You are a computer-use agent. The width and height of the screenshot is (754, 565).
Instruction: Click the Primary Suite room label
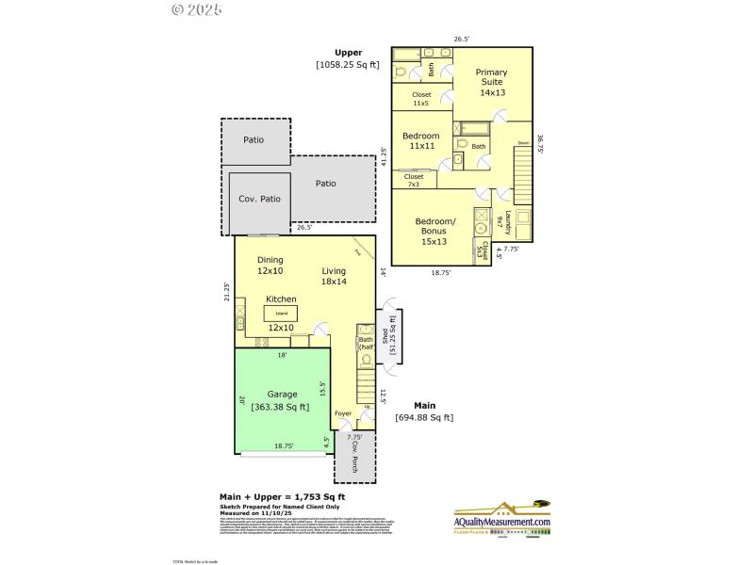[491, 82]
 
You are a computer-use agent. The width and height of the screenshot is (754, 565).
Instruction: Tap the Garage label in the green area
[282, 400]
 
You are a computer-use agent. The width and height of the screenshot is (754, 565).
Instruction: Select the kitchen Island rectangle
[280, 312]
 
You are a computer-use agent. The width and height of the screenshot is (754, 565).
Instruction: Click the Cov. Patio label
[259, 199]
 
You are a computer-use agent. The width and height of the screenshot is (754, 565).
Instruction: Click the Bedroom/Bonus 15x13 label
[435, 232]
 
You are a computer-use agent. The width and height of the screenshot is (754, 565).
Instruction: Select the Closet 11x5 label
[421, 98]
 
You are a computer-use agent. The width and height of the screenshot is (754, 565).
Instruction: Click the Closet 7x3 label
[414, 180]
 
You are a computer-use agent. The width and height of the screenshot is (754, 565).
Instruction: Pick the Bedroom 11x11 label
[420, 141]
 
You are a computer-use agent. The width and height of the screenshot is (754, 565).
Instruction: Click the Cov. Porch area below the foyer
[354, 458]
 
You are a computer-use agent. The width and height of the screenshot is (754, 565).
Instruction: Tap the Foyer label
[343, 412]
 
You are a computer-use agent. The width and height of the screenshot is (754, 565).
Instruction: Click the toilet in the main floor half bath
[366, 358]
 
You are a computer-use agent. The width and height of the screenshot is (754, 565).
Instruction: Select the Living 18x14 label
[334, 275]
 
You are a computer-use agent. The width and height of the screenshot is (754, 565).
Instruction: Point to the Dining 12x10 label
[270, 266]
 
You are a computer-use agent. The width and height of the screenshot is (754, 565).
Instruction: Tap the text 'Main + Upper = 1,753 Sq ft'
[282, 496]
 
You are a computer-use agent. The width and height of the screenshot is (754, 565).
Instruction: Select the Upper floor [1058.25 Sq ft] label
[347, 58]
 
